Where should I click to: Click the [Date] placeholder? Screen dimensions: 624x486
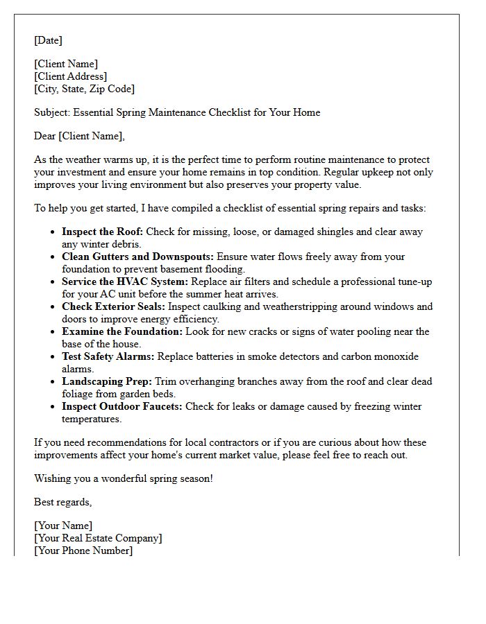click(48, 40)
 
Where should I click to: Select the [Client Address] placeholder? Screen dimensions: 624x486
click(70, 76)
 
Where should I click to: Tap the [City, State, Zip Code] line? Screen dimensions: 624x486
click(84, 89)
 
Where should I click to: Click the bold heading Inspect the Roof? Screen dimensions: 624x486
click(102, 232)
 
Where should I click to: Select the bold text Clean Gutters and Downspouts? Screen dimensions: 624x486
click(137, 257)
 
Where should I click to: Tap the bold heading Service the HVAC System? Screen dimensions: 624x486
click(124, 281)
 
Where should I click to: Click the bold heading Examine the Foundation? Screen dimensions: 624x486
click(122, 331)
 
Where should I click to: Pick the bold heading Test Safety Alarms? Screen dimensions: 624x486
click(108, 356)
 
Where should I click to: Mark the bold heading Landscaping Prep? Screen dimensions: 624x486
click(106, 381)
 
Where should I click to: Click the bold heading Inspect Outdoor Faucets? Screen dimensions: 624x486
click(121, 406)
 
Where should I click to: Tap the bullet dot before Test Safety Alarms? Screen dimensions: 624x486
click(53, 357)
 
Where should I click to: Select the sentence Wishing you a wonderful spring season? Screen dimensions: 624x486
click(124, 478)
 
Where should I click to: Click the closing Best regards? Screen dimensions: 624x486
click(62, 502)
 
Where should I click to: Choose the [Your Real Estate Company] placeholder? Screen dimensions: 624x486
click(98, 538)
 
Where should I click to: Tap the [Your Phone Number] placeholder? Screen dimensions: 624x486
click(83, 551)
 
